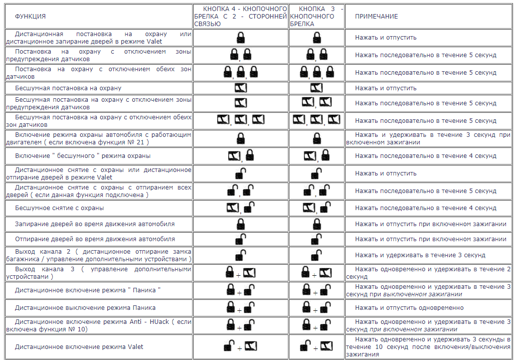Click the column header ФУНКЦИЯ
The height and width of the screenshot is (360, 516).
tap(30, 17)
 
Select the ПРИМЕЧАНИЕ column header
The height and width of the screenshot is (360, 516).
tap(376, 17)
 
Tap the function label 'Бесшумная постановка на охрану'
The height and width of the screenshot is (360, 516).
tap(68, 88)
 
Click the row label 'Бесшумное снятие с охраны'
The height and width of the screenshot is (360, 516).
tap(60, 208)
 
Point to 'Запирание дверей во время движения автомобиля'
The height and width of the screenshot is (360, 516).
tap(95, 224)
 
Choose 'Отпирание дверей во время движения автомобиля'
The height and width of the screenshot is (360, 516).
tap(95, 239)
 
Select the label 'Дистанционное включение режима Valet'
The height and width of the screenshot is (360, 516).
tap(79, 347)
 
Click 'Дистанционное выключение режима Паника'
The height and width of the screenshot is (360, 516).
tap(85, 308)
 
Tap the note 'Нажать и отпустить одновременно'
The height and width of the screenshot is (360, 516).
tap(409, 308)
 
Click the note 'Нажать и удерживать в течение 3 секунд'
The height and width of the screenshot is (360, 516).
tap(420, 255)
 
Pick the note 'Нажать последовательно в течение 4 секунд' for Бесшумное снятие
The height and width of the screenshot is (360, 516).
tap(426, 208)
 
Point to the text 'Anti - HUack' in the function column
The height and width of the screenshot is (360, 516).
tap(138, 321)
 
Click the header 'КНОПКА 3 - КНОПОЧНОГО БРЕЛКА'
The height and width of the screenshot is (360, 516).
tap(316, 17)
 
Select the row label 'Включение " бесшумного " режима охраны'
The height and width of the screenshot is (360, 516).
tap(83, 156)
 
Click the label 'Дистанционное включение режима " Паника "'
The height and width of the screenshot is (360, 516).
tap(88, 290)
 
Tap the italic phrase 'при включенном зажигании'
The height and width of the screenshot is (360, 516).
tap(413, 329)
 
